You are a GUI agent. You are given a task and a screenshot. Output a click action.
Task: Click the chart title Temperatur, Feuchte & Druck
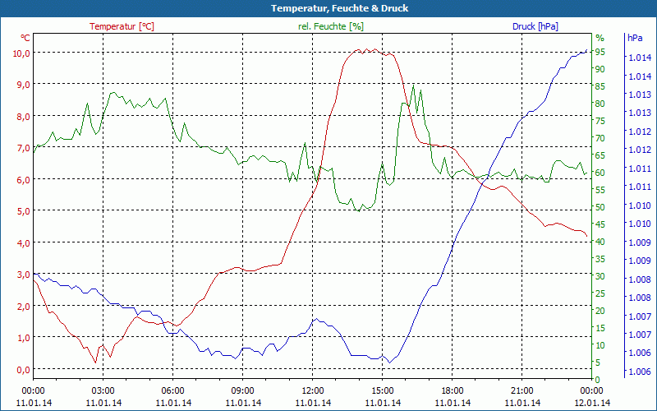328,8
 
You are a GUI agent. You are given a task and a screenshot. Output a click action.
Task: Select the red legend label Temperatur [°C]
122,26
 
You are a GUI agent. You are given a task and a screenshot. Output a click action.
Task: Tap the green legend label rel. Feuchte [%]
331,26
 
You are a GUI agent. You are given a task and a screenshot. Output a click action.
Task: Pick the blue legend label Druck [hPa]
535,26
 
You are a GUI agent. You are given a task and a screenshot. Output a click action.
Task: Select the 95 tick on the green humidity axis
600,52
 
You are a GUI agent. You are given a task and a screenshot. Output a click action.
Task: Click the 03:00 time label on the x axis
103,390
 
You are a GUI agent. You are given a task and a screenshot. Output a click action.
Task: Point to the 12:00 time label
313,390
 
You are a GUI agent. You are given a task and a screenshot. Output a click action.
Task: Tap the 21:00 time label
522,390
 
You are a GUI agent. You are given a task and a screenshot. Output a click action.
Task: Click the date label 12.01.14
592,403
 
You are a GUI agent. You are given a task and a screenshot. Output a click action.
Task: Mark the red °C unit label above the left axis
25,38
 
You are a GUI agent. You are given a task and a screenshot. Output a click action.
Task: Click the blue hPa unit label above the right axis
635,38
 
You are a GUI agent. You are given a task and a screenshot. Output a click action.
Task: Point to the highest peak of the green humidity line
413,85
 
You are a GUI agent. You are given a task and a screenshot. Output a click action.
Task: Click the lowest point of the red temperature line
95,363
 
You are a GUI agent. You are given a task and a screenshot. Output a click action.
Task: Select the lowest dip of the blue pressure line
389,362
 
